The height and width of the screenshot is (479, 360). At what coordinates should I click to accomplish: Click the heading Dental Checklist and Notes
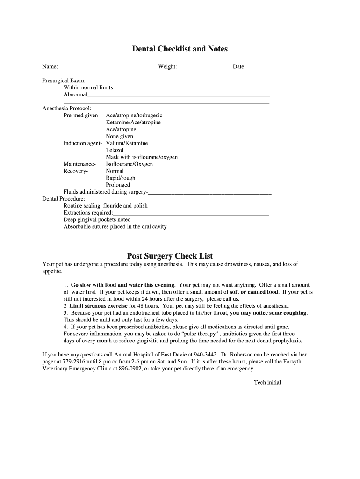(180, 49)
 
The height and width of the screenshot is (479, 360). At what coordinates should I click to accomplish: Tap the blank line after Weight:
(202, 68)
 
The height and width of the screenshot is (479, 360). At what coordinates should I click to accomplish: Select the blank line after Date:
(266, 68)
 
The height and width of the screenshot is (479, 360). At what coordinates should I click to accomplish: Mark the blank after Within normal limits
(122, 89)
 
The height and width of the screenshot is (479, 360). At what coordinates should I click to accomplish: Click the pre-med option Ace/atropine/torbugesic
(134, 115)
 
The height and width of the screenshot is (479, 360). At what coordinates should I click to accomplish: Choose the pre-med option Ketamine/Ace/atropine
(133, 122)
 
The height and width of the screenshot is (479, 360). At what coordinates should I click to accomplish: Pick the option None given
(119, 136)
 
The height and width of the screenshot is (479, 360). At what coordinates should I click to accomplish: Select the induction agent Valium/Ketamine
(127, 143)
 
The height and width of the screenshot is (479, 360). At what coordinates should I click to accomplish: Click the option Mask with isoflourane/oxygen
(142, 157)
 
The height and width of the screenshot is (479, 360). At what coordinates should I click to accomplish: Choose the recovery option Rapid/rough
(121, 178)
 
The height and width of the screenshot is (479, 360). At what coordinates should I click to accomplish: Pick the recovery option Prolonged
(118, 185)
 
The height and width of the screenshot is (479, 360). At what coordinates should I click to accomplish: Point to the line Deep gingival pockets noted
(97, 219)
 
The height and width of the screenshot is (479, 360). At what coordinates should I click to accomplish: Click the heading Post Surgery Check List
(170, 256)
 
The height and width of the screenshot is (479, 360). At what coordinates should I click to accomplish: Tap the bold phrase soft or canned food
(254, 292)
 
